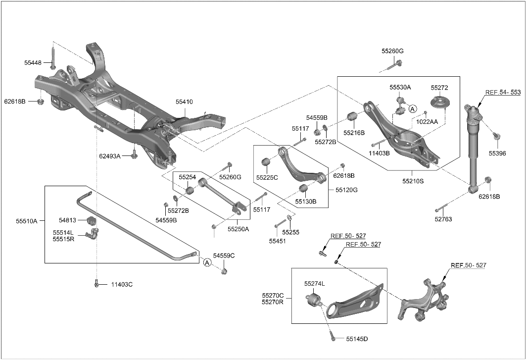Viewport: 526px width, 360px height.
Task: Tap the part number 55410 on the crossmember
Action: click(184, 102)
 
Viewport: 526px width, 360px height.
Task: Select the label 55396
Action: click(497, 154)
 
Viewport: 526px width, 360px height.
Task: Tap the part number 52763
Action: click(443, 219)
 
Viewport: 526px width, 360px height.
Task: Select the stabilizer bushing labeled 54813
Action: click(91, 220)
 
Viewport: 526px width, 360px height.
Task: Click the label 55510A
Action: click(26, 221)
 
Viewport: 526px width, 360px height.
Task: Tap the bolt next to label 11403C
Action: click(97, 284)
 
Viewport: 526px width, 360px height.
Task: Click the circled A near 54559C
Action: click(207, 263)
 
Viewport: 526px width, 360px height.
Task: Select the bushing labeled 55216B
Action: click(353, 117)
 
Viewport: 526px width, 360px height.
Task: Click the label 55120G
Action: click(346, 190)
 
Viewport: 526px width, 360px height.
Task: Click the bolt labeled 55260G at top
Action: click(399, 63)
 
